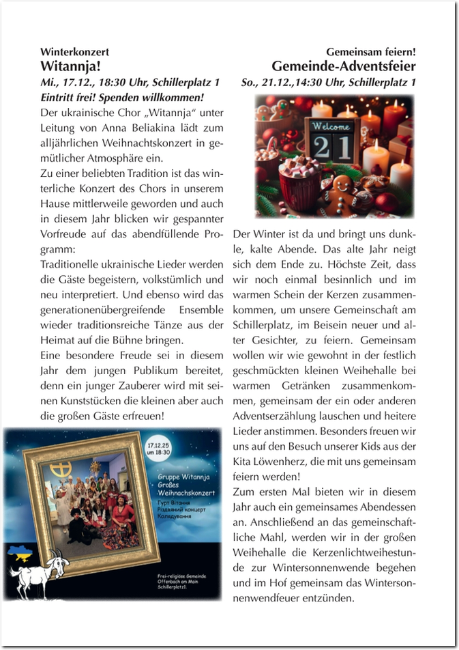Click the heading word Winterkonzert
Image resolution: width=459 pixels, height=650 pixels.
coord(74,52)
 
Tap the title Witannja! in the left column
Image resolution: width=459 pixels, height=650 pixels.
coord(71,66)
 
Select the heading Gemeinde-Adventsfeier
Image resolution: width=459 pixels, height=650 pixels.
coord(343,66)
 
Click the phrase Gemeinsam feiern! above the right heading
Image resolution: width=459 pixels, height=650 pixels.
coord(371,52)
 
